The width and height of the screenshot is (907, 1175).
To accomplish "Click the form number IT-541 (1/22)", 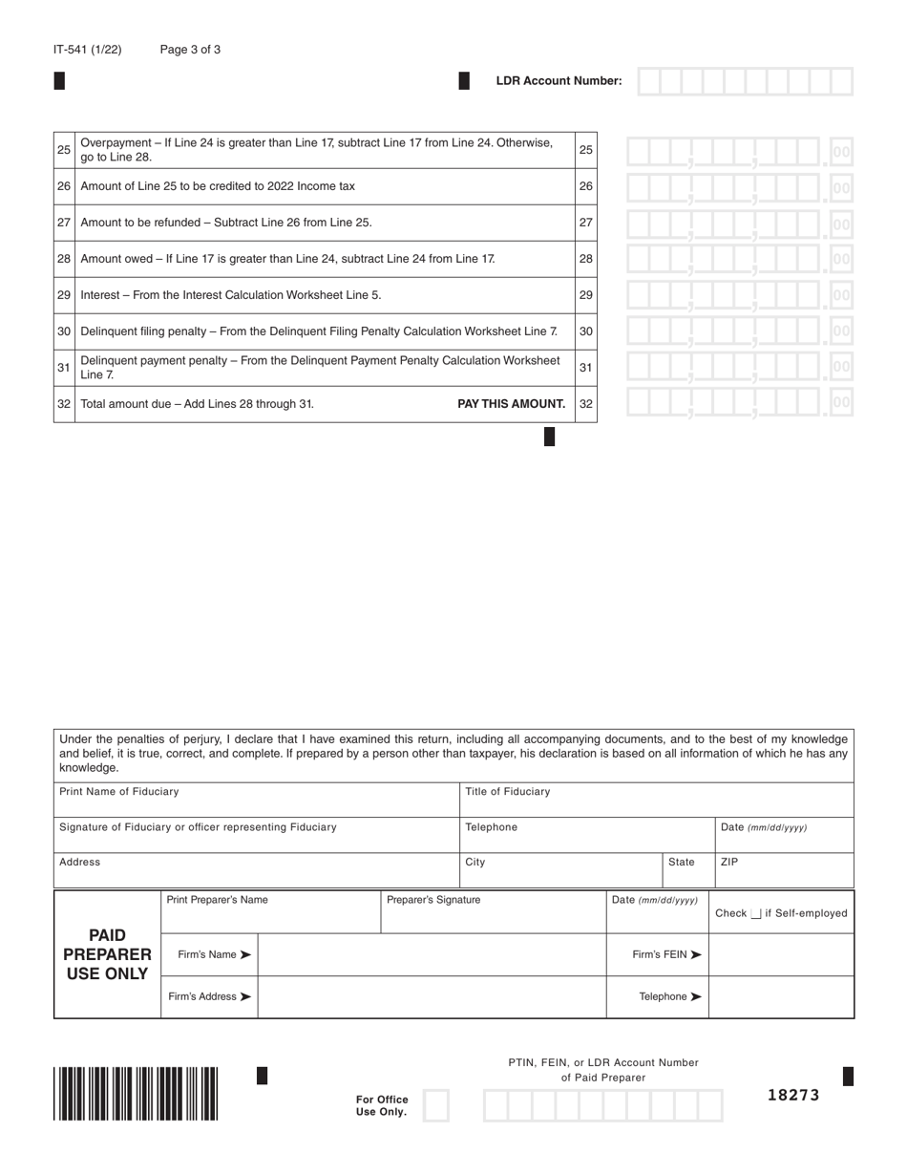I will point(87,50).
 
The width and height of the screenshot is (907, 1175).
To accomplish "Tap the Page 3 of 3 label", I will point(190,50).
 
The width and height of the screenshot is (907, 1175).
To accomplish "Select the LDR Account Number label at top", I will point(559,81).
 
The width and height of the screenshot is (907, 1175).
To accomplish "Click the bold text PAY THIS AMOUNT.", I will point(512,404).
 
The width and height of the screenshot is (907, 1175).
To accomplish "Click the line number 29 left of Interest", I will point(64,295).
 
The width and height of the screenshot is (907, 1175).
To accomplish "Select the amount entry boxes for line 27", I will point(738,224).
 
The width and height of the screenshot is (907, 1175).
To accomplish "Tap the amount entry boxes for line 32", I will point(738,403).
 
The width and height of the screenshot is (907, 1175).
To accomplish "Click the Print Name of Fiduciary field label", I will point(118,792).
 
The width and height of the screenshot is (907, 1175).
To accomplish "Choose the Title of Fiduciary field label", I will point(508,792).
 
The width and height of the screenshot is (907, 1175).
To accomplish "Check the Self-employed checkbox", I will point(756,914).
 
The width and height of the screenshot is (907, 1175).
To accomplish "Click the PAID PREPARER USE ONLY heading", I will point(107,954).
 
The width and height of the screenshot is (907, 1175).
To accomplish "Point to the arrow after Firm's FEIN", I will point(696,954).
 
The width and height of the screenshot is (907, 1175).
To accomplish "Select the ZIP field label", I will point(729,862).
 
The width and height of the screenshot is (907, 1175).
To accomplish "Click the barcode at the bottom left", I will point(136,1093).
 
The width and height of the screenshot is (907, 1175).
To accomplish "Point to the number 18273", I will point(793,1095).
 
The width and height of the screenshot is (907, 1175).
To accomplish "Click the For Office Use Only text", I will point(382,1105).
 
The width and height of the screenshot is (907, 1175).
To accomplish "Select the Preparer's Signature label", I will point(433,900).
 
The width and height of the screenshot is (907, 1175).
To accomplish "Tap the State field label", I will point(682,862).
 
